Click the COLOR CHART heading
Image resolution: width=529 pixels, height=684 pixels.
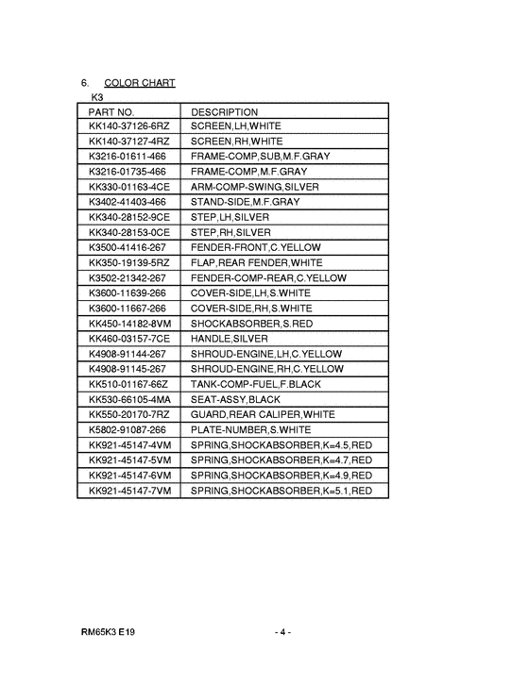point(140,83)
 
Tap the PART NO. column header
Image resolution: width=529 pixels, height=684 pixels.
point(111,111)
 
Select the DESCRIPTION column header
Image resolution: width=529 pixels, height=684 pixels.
point(225,111)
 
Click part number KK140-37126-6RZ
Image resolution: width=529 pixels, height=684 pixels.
point(129,125)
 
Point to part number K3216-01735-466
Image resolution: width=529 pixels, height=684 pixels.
point(128,171)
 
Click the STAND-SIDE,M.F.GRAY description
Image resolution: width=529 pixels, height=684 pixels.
point(246,202)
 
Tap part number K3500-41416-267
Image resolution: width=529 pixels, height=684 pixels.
point(128,247)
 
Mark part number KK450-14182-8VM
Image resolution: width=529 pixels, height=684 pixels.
point(130,324)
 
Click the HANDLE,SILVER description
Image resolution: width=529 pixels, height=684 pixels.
point(230,339)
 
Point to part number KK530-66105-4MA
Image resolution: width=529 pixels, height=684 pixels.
point(130,399)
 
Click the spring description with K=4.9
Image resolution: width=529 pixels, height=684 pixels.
point(282,475)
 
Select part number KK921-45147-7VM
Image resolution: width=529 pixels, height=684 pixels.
point(130,492)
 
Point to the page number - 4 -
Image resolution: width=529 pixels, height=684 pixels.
point(282,630)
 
